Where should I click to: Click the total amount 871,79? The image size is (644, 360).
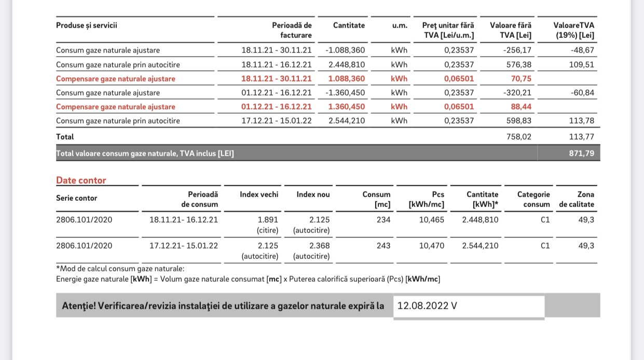[581, 154]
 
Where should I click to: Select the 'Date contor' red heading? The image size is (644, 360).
[81, 181]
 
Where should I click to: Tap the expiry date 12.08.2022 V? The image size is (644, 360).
[427, 306]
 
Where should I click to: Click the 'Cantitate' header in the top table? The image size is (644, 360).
[349, 25]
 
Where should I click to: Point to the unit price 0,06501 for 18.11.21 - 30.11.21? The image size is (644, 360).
[459, 79]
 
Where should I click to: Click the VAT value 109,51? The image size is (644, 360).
[581, 65]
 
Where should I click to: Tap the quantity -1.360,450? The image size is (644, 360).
[345, 93]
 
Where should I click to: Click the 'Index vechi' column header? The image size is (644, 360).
[259, 195]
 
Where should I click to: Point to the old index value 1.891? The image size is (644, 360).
[268, 219]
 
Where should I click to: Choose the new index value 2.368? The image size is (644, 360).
[319, 245]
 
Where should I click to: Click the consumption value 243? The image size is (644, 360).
[383, 245]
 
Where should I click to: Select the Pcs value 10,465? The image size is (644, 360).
[432, 219]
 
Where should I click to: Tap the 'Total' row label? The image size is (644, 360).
[65, 137]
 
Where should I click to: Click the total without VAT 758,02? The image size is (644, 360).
[518, 137]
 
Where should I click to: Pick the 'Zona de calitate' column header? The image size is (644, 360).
[577, 199]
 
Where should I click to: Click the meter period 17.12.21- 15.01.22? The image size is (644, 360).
[184, 245]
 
